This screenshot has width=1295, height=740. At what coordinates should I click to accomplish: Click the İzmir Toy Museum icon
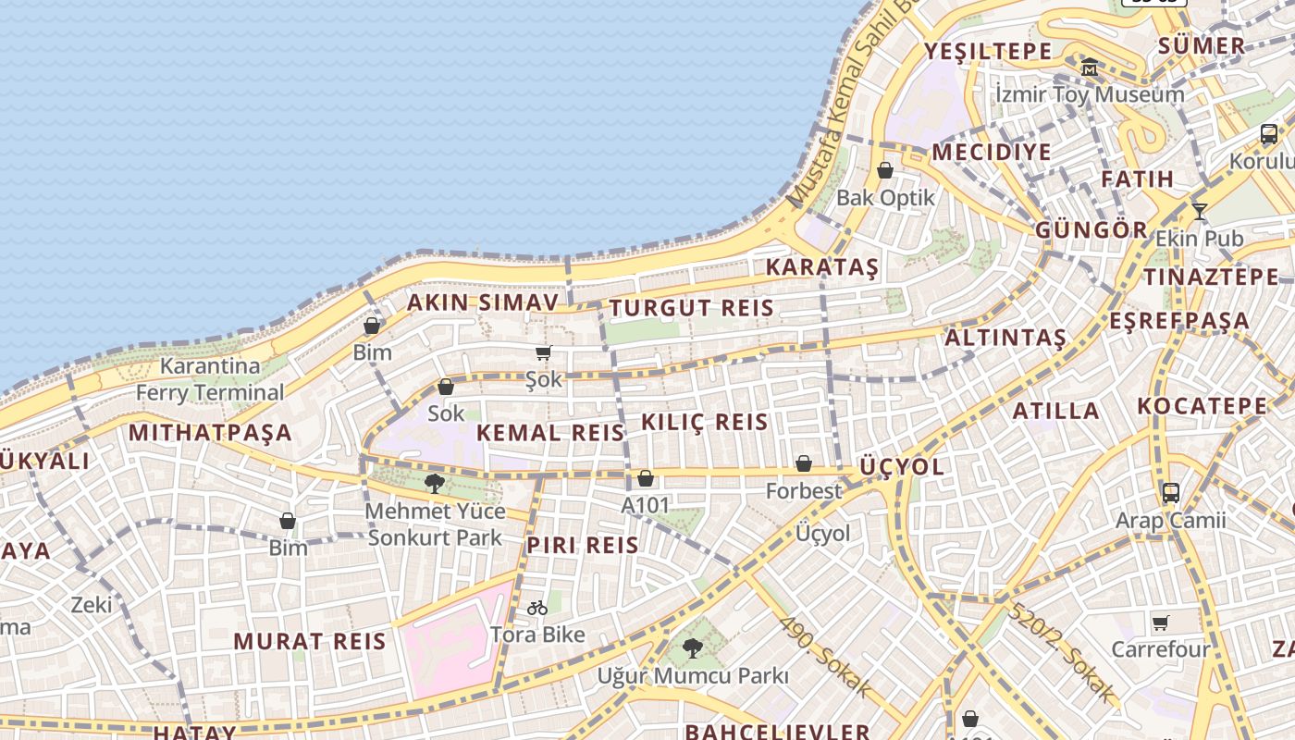tap(1090, 67)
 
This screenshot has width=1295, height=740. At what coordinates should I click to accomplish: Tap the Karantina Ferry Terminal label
tap(210, 379)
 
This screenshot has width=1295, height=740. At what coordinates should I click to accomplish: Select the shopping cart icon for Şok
tap(543, 352)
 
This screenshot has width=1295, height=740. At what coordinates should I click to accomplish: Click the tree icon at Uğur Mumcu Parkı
tap(692, 648)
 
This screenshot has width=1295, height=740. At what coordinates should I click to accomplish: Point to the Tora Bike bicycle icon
tap(537, 608)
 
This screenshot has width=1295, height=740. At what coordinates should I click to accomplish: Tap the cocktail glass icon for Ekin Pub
tap(1200, 212)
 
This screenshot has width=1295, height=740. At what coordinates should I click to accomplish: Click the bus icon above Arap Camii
tap(1170, 492)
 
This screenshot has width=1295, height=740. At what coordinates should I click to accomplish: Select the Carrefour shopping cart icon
tap(1161, 623)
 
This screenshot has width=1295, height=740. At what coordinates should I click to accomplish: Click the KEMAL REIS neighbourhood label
tap(550, 432)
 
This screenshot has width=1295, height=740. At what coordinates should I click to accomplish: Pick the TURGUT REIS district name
tap(691, 308)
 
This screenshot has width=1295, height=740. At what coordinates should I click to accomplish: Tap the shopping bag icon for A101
tap(646, 478)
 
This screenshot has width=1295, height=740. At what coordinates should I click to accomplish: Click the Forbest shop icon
tap(804, 463)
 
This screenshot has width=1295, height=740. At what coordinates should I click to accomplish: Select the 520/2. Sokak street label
tap(1062, 650)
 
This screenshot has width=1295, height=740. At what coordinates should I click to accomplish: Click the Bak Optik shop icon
tap(885, 170)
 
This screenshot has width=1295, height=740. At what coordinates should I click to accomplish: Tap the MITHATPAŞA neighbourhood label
tap(210, 432)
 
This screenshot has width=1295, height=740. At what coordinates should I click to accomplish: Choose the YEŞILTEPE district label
tap(988, 51)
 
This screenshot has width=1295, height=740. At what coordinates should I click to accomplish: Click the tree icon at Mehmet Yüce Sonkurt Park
tap(434, 483)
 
